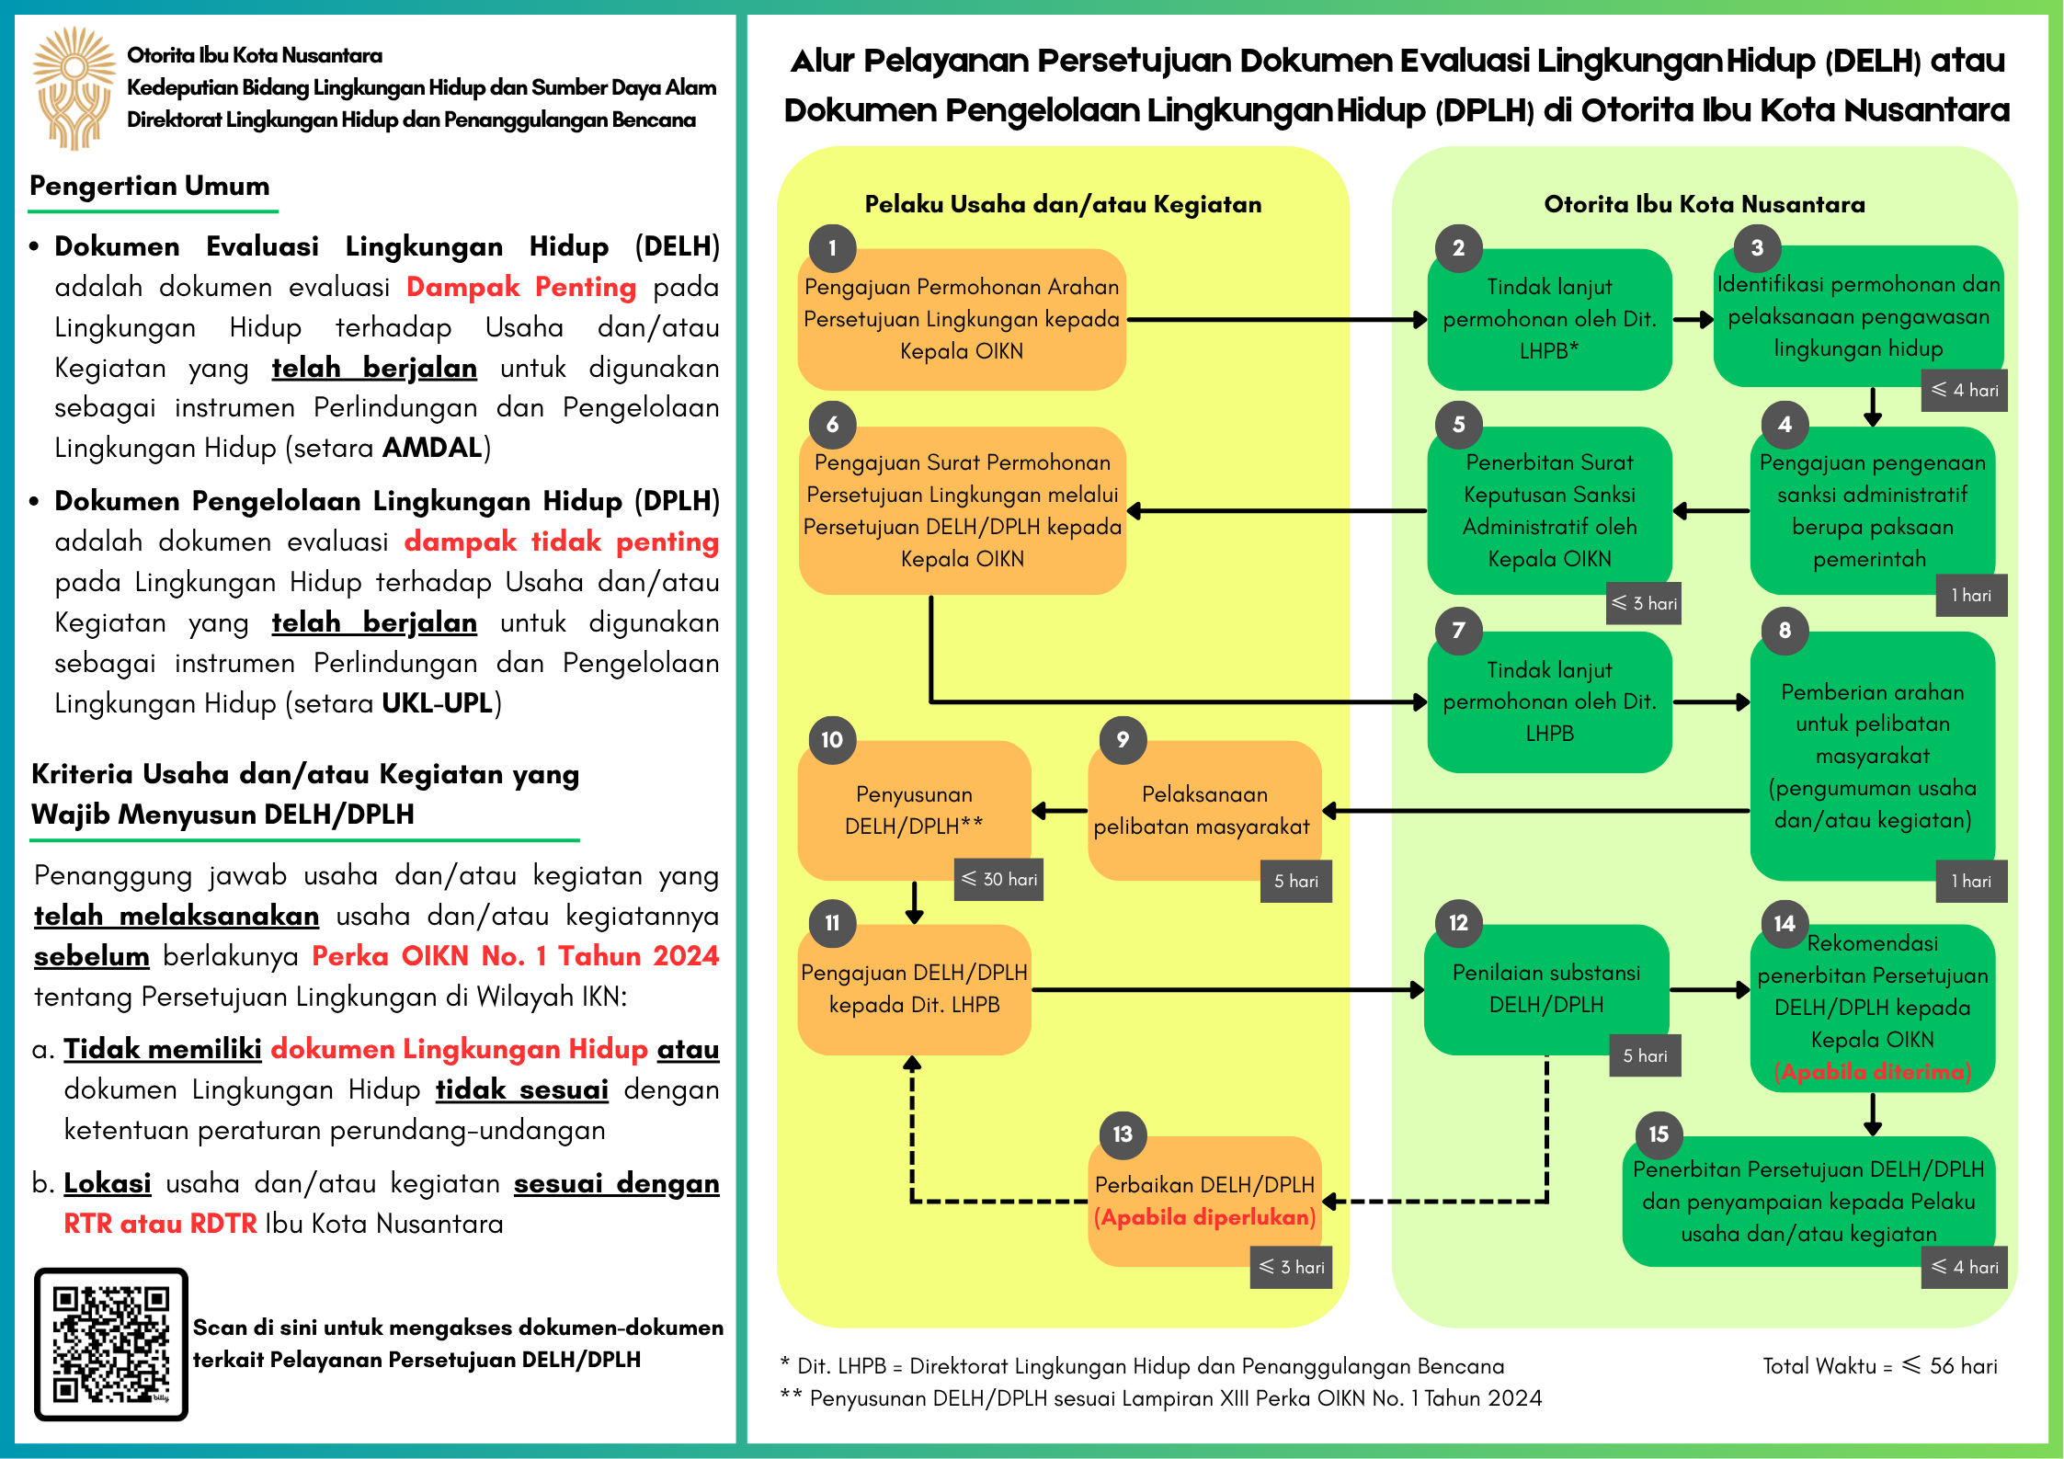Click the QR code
coord(111,1343)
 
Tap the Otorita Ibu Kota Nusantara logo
coord(74,88)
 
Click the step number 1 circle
coord(832,248)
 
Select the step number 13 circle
coord(1123,1134)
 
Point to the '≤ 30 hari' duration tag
coord(999,880)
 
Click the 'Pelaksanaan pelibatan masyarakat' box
coord(1203,810)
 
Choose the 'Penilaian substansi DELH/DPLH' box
coord(1545,988)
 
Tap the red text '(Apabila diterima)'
coord(1872,1072)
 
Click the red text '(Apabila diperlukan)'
coord(1204,1217)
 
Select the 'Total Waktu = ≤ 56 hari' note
coord(1879,1366)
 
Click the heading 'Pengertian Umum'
coord(150,186)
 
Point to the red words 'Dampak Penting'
coord(520,287)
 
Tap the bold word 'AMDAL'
coord(432,448)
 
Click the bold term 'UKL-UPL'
coord(437,703)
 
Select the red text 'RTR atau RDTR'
coord(160,1224)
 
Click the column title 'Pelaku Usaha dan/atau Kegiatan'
coord(1063,204)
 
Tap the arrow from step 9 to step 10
coord(1060,811)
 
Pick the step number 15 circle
coord(1658,1134)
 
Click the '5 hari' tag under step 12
coord(1645,1056)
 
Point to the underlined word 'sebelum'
coord(91,956)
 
